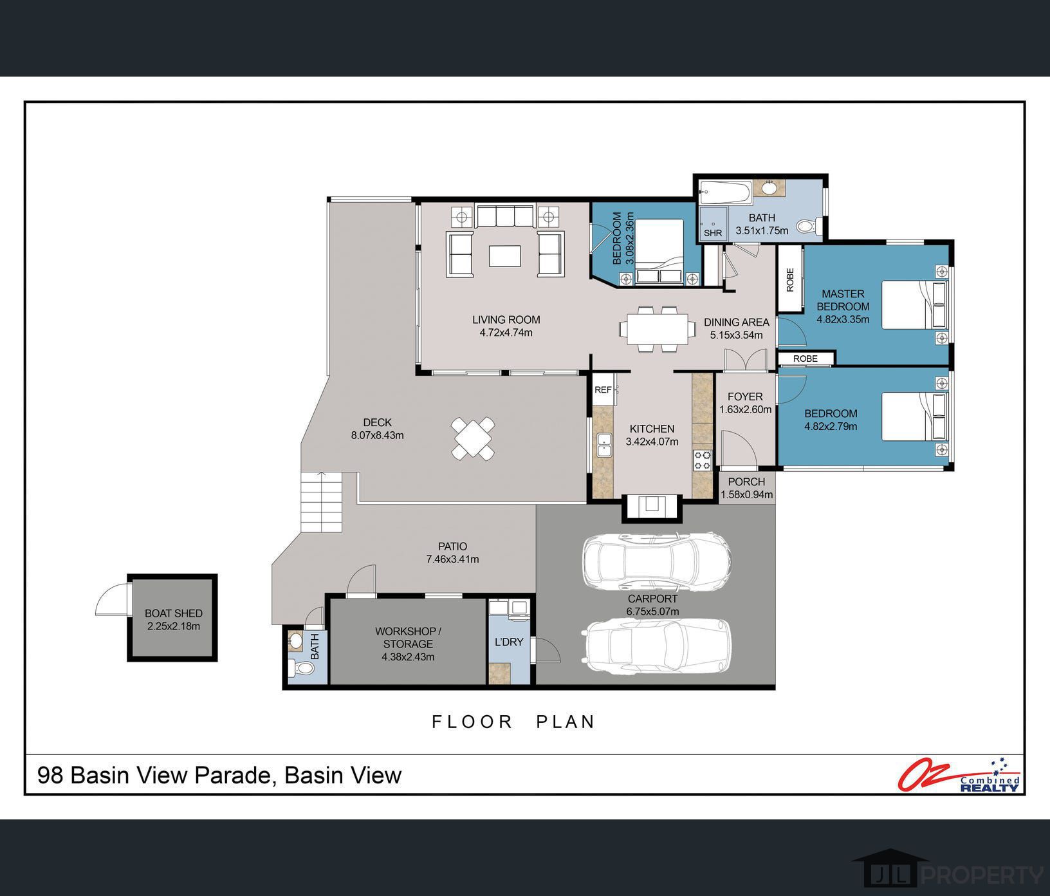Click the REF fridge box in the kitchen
click(603, 390)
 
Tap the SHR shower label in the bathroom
click(713, 233)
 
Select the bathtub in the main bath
click(725, 191)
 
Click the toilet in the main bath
click(807, 226)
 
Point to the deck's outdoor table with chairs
click(473, 438)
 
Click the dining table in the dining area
click(657, 329)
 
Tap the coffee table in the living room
click(505, 256)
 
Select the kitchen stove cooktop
click(702, 460)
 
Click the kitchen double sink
click(604, 445)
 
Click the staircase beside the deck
click(321, 502)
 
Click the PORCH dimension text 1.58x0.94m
click(746, 495)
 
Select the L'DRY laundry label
click(508, 642)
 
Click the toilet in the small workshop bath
click(301, 669)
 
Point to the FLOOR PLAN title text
click(513, 722)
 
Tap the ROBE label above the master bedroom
click(790, 279)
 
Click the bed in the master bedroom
click(914, 305)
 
